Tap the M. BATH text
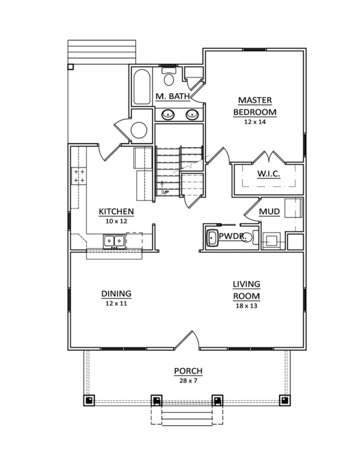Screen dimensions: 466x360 coord(173,96)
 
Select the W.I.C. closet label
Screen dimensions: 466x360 coord(269,174)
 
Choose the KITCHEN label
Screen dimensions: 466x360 coord(116,212)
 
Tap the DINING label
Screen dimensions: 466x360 coord(116,293)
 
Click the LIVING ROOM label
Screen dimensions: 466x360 coord(246,290)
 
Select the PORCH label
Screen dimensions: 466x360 coord(188,371)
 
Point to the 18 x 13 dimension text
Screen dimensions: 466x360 coord(246,306)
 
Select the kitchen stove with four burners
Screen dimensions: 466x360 coord(79,176)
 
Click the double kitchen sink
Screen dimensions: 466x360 coord(114,241)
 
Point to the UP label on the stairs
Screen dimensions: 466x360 coord(165,192)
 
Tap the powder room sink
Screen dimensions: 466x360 coord(212,238)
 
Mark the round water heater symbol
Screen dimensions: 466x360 coord(139,130)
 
